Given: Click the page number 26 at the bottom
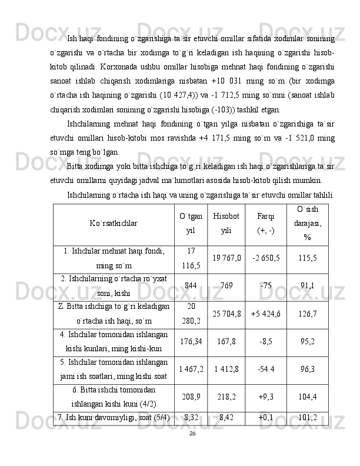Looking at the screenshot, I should coord(192,432).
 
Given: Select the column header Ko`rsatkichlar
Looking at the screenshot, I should coord(114,224).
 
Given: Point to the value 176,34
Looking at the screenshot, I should coord(191,341).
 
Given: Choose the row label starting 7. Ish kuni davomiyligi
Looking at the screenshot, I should coord(114,418).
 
